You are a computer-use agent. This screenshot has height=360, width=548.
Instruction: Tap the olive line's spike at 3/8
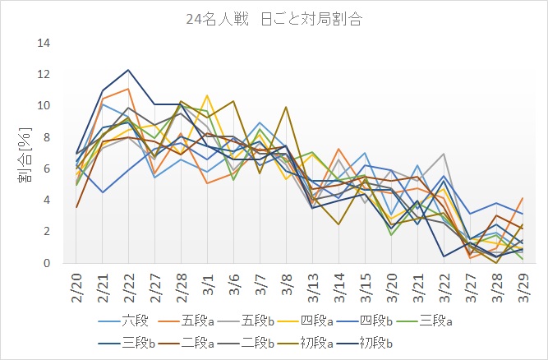click(x=285, y=107)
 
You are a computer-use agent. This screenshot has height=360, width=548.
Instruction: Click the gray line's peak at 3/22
click(x=467, y=154)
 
